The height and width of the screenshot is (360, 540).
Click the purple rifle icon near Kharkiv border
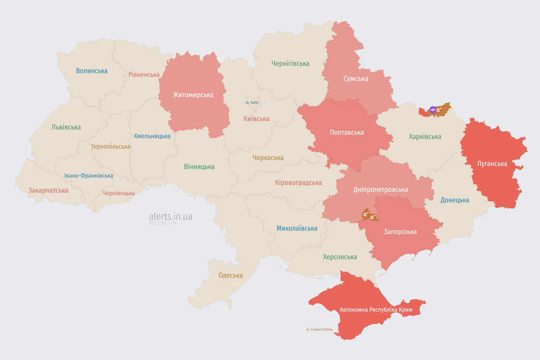pyautogui.click(x=433, y=110)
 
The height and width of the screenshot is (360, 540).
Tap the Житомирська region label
pyautogui.click(x=193, y=95)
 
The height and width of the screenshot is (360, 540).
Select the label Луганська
pyautogui.click(x=492, y=164)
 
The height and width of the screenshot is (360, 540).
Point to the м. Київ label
pyautogui.click(x=252, y=102)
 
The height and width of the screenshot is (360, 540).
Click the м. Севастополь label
pyautogui.click(x=319, y=330)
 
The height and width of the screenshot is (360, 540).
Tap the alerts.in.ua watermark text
pyautogui.click(x=171, y=216)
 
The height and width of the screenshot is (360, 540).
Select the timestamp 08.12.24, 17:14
pyautogui.click(x=163, y=223)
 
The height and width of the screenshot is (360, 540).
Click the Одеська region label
pyautogui.click(x=231, y=275)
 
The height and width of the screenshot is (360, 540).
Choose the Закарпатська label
pyautogui.click(x=48, y=190)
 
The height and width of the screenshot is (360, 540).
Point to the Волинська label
pyautogui.click(x=92, y=71)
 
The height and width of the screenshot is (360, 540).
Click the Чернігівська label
pyautogui.click(x=290, y=63)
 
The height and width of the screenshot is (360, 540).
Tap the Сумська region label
pyautogui.click(x=356, y=79)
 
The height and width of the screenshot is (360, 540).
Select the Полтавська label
pyautogui.click(x=347, y=133)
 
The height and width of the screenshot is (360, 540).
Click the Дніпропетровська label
pyautogui.click(x=381, y=189)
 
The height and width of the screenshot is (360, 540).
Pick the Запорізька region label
pyautogui.click(x=400, y=232)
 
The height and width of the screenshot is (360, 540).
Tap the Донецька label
pyautogui.click(x=455, y=200)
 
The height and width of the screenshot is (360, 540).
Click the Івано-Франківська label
pyautogui.click(x=89, y=176)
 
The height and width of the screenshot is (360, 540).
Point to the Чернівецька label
pyautogui.click(x=119, y=193)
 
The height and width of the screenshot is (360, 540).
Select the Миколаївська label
pyautogui.click(x=297, y=228)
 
